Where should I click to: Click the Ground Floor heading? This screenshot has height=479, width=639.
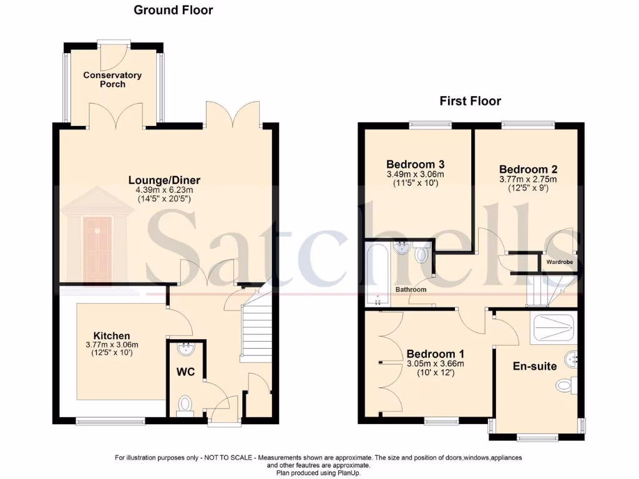click(173, 10)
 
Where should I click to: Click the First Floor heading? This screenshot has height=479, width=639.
click(470, 101)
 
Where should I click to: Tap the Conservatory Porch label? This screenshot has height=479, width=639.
click(112, 79)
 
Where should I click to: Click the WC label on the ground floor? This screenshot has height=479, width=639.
click(185, 372)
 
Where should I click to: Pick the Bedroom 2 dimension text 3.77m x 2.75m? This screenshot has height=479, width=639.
click(527, 179)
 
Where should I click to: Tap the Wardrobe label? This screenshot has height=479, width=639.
click(560, 263)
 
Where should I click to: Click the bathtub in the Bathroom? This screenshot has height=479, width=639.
click(377, 274)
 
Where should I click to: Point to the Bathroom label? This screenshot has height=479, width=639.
click(411, 290)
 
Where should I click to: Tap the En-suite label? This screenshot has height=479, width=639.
click(534, 366)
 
